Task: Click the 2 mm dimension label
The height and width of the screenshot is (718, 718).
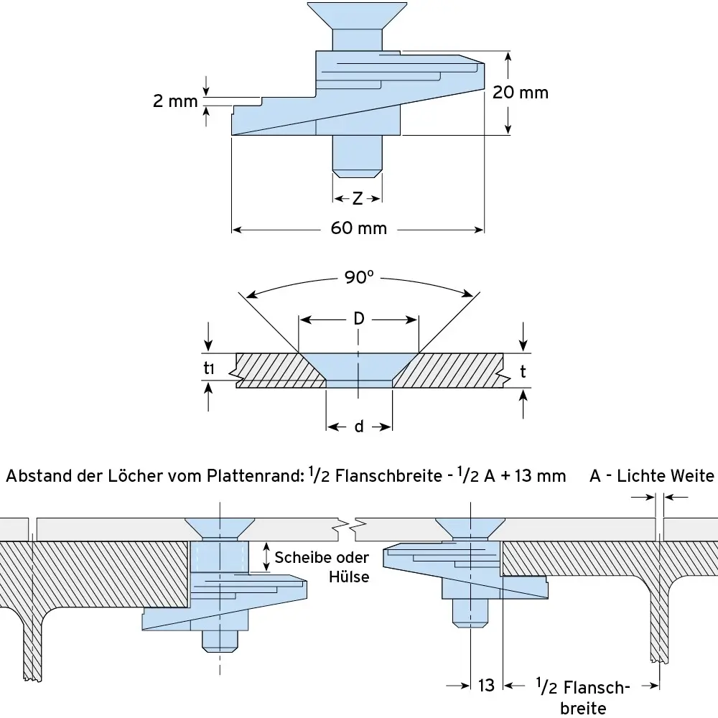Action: point(174,101)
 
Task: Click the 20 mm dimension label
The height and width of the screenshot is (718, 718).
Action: point(521,93)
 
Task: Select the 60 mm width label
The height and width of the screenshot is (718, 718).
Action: point(358,228)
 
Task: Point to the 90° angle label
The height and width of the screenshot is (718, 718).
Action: point(359,277)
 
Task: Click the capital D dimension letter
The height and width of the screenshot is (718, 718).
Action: point(358,319)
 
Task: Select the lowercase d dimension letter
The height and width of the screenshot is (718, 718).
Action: point(358,427)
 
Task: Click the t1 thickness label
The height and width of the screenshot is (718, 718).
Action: point(209,370)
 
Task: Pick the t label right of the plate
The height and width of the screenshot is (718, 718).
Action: point(523,371)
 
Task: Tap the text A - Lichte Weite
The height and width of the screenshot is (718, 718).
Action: point(652,475)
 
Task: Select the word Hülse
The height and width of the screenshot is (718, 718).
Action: point(349,576)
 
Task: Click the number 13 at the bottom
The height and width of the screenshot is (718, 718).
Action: point(486,686)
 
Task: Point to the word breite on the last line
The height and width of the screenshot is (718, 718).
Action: point(583,708)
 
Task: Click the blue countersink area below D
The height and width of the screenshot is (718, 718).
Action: point(358,366)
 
